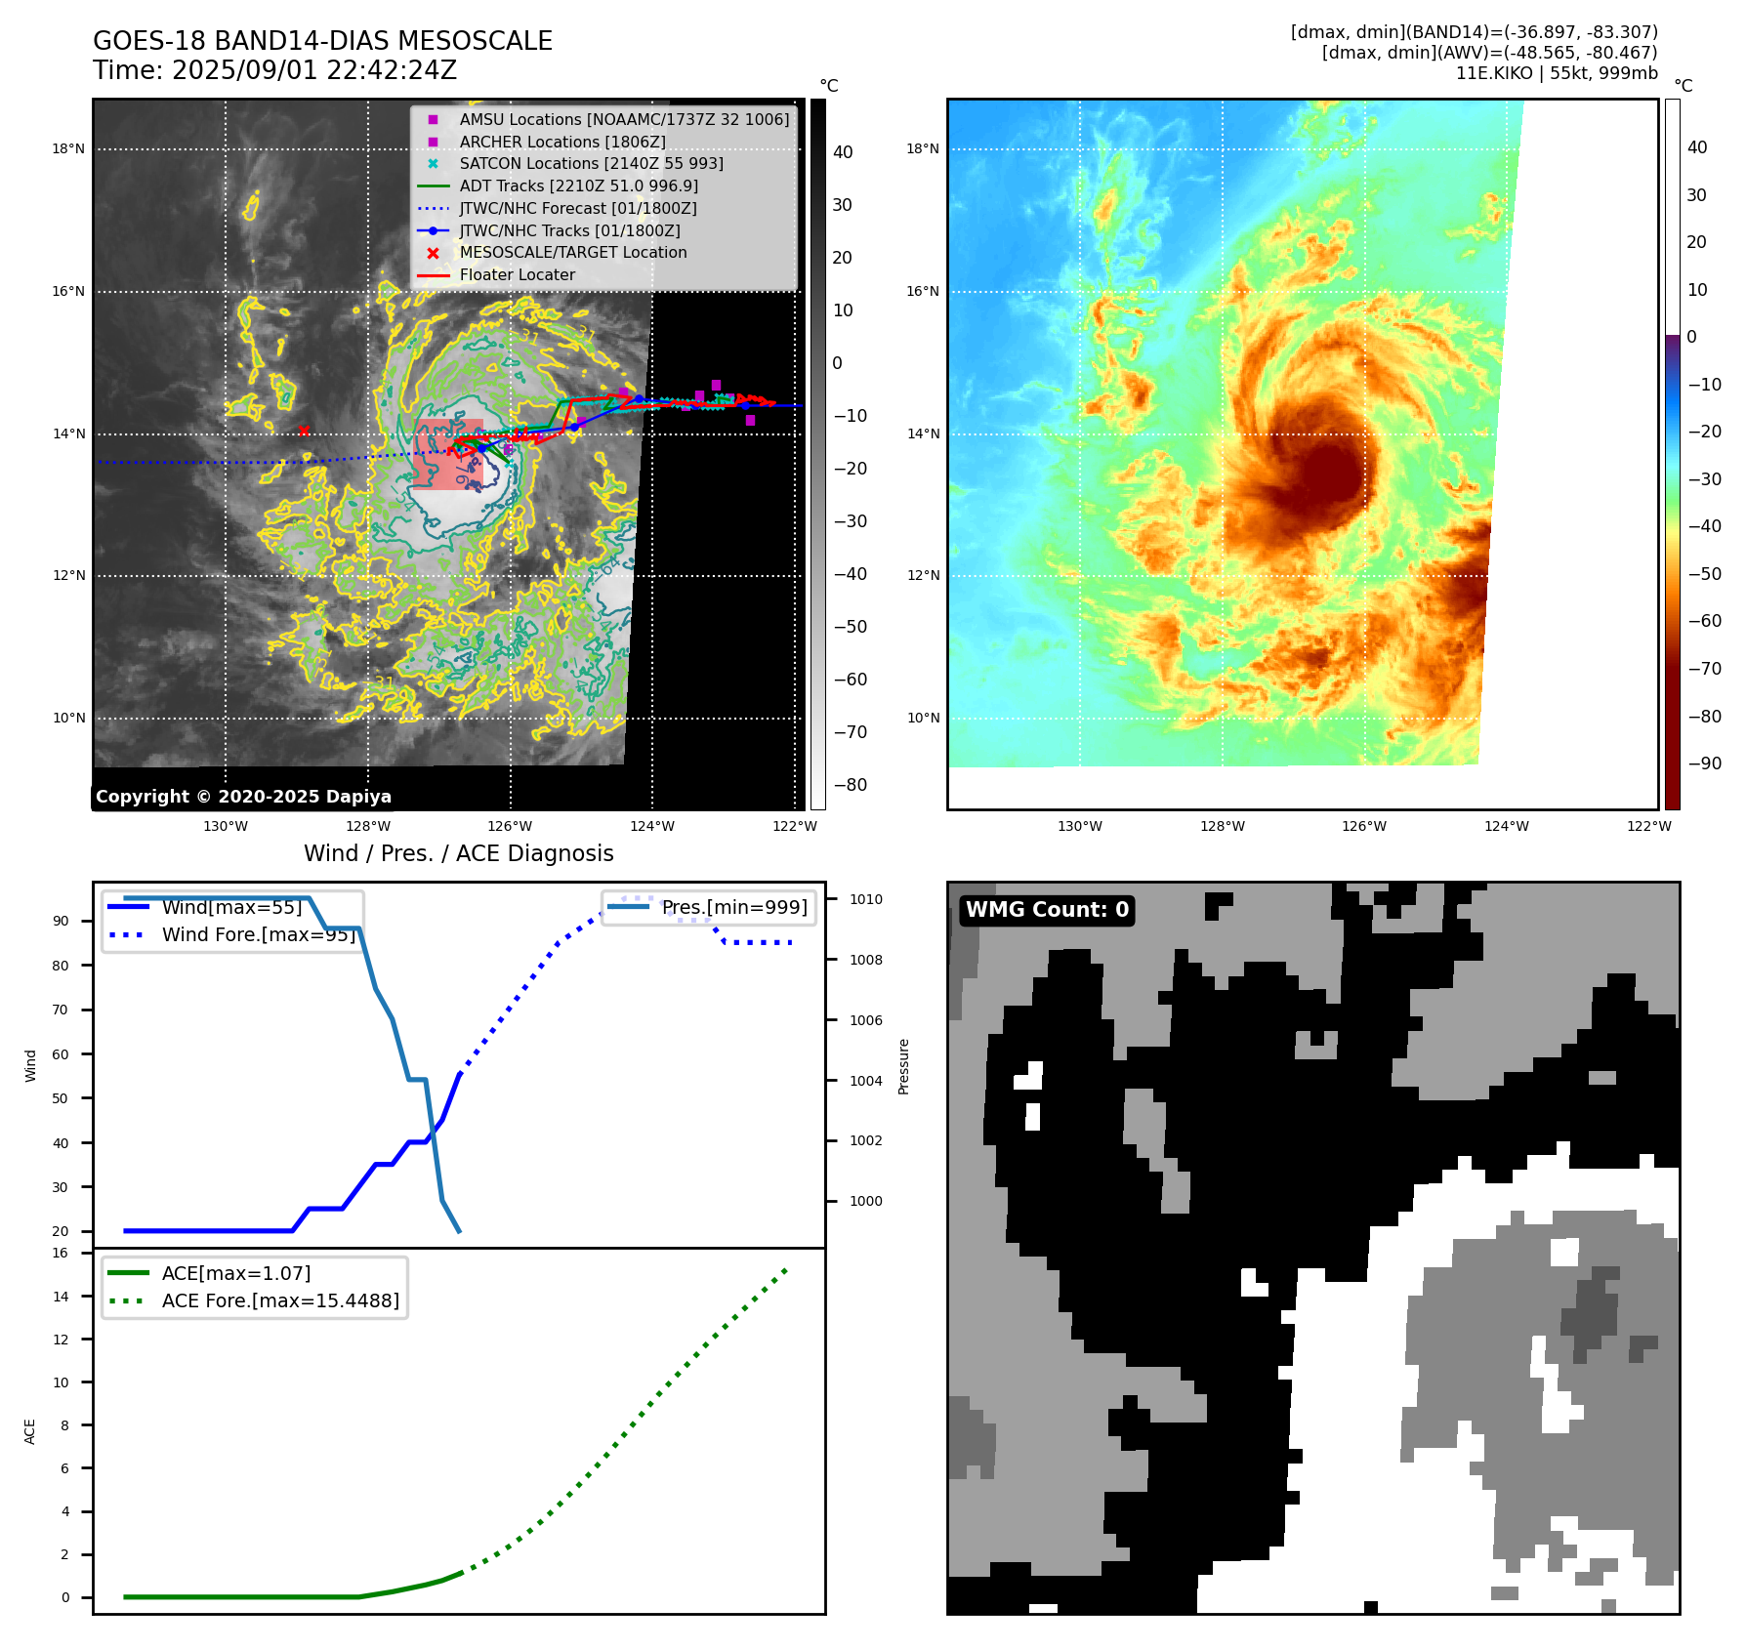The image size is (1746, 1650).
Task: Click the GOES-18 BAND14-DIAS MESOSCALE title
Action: tap(322, 41)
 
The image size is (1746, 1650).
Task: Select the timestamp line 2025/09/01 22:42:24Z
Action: tap(274, 70)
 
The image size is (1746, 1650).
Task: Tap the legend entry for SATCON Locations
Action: tap(591, 163)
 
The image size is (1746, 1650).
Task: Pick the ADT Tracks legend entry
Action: tap(578, 186)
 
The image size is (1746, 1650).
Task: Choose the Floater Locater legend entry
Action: tap(517, 274)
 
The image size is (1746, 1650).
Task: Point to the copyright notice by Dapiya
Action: tap(243, 797)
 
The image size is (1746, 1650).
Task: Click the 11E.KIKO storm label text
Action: tap(1557, 73)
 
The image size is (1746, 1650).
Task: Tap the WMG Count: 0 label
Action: tap(1047, 910)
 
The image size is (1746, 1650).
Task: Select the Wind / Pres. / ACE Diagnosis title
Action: tap(459, 853)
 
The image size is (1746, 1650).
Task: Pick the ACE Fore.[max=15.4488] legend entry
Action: tap(280, 1300)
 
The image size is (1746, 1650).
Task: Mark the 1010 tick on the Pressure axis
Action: tap(865, 899)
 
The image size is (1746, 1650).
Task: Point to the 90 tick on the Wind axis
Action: tap(61, 921)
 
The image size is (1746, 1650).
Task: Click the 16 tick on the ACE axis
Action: tap(61, 1253)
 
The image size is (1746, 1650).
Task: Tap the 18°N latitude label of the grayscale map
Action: tap(68, 149)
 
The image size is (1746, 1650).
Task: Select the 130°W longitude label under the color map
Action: tap(1079, 826)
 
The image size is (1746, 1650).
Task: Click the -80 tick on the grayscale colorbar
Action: tap(850, 785)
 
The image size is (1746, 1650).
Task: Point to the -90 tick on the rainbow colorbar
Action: tap(1704, 763)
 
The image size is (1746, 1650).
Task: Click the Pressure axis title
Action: tap(903, 1066)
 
